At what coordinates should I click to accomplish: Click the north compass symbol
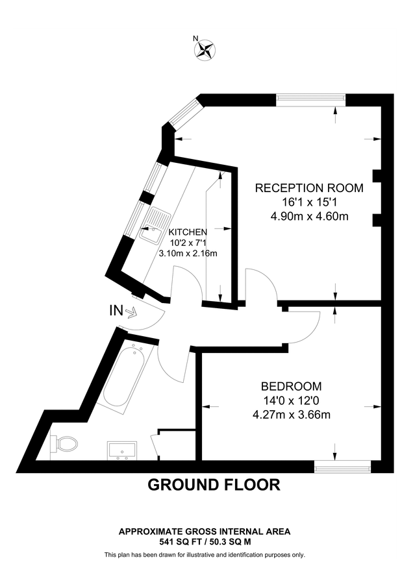point(206,49)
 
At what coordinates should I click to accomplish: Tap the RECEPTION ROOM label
point(308,188)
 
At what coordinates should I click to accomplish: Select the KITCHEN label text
point(188,232)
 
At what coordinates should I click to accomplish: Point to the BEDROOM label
point(292,385)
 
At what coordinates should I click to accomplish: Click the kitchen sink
point(155,226)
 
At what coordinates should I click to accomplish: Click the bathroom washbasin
point(121,448)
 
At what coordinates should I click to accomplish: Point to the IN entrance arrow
point(132,313)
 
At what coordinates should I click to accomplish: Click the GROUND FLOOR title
point(214,484)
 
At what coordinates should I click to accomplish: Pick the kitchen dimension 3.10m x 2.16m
point(188,253)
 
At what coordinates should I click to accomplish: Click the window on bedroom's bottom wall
point(342,465)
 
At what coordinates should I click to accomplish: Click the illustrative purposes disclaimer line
point(205,555)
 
